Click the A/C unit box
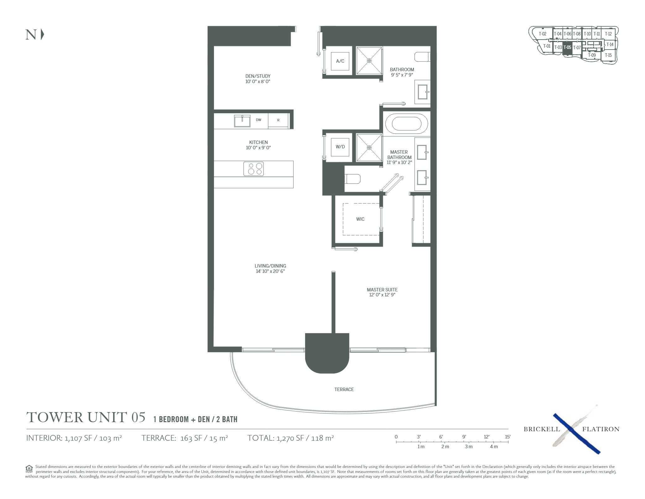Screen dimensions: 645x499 click(x=340, y=61)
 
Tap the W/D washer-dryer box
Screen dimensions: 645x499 click(x=340, y=147)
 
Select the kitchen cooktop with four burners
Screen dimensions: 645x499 click(x=253, y=169)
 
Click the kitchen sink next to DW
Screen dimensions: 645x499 click(x=242, y=121)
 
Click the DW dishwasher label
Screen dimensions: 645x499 click(x=258, y=120)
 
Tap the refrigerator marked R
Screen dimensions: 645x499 click(x=278, y=120)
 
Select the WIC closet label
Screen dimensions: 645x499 click(x=360, y=219)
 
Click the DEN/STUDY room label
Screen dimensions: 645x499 click(x=258, y=76)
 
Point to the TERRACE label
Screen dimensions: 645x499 click(x=344, y=389)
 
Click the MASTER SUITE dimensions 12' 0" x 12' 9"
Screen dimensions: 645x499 click(x=382, y=295)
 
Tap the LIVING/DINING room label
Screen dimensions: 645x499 click(x=270, y=266)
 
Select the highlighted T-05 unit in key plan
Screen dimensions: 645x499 click(x=567, y=48)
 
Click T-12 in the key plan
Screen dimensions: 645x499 click(x=608, y=34)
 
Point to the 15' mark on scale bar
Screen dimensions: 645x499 click(x=507, y=437)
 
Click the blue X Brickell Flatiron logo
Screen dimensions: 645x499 click(x=576, y=434)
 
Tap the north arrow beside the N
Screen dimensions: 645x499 click(x=43, y=35)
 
